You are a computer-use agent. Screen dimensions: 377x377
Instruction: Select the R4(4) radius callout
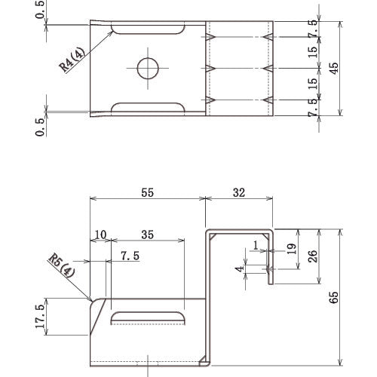(72, 60)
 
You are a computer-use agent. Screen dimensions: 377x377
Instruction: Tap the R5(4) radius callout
(62, 266)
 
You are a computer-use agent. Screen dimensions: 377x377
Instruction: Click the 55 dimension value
(147, 192)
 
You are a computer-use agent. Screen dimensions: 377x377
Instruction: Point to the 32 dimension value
(239, 192)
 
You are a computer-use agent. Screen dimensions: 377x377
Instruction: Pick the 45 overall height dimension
(334, 68)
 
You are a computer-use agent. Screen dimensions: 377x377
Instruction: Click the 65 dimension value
(334, 298)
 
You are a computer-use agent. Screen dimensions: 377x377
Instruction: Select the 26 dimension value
(313, 256)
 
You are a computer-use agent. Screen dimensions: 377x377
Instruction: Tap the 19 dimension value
(292, 249)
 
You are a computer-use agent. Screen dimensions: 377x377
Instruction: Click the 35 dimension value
(147, 234)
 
